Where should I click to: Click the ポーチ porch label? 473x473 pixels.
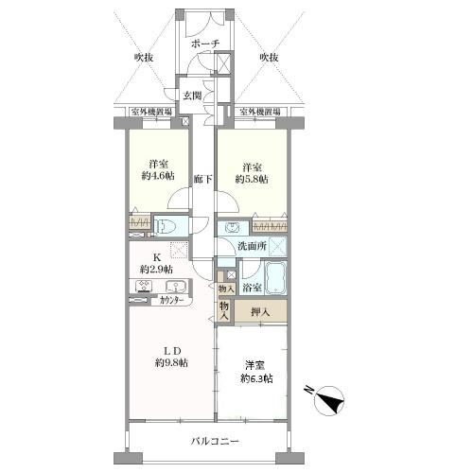pyautogui.click(x=205, y=44)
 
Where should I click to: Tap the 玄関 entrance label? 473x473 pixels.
pyautogui.click(x=193, y=96)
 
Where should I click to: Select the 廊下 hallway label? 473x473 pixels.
pyautogui.click(x=202, y=179)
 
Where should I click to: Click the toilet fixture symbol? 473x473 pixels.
pyautogui.click(x=164, y=226)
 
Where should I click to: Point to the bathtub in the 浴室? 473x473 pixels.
pyautogui.click(x=275, y=277)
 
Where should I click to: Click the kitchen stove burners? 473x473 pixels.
pyautogui.click(x=145, y=286)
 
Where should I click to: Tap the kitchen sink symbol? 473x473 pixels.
pyautogui.click(x=176, y=287)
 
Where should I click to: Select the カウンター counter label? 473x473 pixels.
pyautogui.click(x=172, y=300)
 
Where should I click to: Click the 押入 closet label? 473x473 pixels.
pyautogui.click(x=260, y=312)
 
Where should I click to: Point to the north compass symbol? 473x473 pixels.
pyautogui.click(x=329, y=400)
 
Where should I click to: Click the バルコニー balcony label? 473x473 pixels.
pyautogui.click(x=215, y=441)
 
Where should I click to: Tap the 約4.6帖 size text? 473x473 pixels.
pyautogui.click(x=158, y=176)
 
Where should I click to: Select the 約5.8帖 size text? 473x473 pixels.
pyautogui.click(x=252, y=179)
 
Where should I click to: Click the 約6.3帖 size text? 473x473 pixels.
pyautogui.click(x=256, y=378)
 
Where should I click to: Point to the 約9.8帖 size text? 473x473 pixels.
pyautogui.click(x=171, y=362)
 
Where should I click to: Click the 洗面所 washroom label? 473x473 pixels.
pyautogui.click(x=252, y=246)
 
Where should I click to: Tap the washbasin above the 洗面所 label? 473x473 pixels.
pyautogui.click(x=233, y=227)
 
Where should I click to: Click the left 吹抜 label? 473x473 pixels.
pyautogui.click(x=144, y=58)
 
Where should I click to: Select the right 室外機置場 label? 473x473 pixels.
pyautogui.click(x=260, y=112)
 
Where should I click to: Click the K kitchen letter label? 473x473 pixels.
pyautogui.click(x=157, y=257)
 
